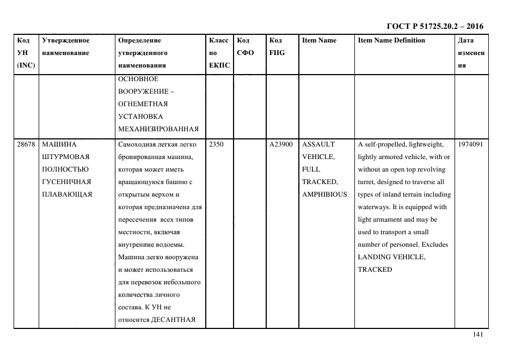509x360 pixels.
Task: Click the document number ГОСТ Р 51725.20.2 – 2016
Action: click(x=434, y=26)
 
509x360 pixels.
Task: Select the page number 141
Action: click(x=478, y=335)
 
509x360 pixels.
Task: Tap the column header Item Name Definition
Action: click(x=391, y=40)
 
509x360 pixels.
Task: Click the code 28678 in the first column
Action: click(x=26, y=145)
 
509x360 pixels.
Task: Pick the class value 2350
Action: click(x=216, y=145)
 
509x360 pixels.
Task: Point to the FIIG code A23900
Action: click(x=281, y=145)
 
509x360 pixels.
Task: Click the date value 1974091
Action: click(x=471, y=145)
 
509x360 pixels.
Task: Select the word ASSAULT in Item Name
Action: click(x=318, y=145)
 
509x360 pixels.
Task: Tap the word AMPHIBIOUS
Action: click(x=324, y=194)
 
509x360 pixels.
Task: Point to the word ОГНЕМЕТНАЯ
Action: click(x=143, y=104)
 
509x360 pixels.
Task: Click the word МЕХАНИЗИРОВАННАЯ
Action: click(x=158, y=129)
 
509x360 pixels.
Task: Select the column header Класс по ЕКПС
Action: click(x=219, y=53)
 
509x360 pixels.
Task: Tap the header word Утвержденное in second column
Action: click(x=65, y=40)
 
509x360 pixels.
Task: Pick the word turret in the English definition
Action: click(x=367, y=182)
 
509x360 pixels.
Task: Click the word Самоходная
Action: click(x=139, y=145)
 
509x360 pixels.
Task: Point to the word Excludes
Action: click(x=433, y=245)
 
